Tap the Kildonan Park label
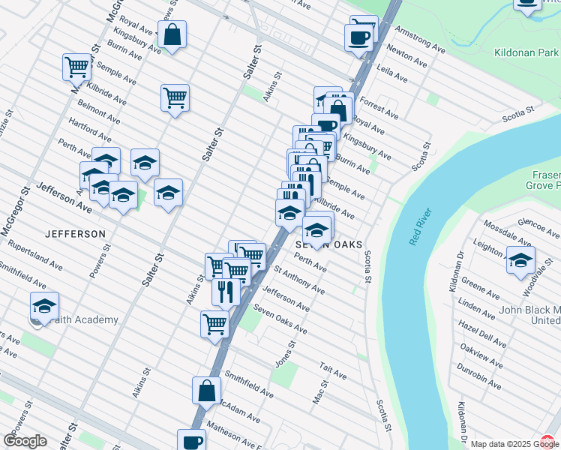[x=527, y=54]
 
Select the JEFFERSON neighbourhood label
[x=75, y=234]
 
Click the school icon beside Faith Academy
[x=44, y=306]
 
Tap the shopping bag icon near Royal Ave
[x=172, y=34]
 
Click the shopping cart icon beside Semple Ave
[x=76, y=67]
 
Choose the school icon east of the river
[x=520, y=259]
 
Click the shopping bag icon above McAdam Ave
[x=206, y=390]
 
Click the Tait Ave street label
[x=333, y=373]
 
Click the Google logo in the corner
[x=25, y=441]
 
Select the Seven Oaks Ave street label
[x=280, y=319]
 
